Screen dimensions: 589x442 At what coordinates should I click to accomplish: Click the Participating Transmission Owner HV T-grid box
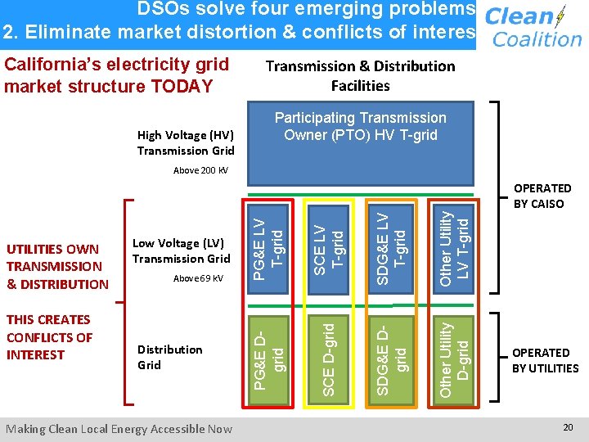(x=360, y=127)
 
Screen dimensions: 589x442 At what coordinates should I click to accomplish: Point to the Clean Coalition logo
(x=533, y=27)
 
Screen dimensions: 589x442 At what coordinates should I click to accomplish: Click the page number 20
(x=568, y=427)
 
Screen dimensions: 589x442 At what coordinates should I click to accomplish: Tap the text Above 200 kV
(x=201, y=171)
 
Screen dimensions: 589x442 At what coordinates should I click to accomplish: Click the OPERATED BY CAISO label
(x=542, y=196)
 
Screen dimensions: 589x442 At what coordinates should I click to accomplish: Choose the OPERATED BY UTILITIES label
(x=545, y=360)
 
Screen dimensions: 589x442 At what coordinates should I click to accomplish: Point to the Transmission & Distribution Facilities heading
(x=360, y=75)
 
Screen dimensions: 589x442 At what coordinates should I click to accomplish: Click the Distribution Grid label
(x=169, y=357)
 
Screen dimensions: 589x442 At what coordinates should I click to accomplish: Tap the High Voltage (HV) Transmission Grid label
(x=186, y=142)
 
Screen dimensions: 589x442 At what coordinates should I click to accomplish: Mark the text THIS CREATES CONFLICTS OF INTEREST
(x=48, y=337)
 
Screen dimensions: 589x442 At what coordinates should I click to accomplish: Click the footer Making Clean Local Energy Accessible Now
(x=119, y=428)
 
